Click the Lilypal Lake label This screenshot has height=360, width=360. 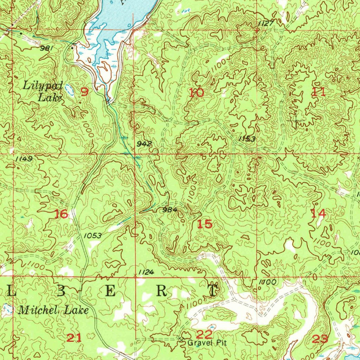coord(43,91)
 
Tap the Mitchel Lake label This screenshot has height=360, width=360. coord(53,310)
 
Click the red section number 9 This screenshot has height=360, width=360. coord(84,92)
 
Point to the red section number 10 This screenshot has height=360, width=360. coord(196,93)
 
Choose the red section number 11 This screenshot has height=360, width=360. coord(319,92)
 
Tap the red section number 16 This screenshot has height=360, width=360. coord(61,214)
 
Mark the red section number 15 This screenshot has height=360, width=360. coord(205,224)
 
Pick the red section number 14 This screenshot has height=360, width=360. coord(319,213)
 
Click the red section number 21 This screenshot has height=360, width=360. coord(74,338)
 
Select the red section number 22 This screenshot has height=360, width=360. coord(204,334)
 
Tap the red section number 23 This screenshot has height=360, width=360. coord(320,339)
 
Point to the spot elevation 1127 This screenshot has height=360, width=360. coord(265,23)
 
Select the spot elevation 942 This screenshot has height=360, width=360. coord(144,144)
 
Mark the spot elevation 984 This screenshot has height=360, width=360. coord(170,210)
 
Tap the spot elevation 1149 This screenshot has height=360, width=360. coord(24,159)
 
